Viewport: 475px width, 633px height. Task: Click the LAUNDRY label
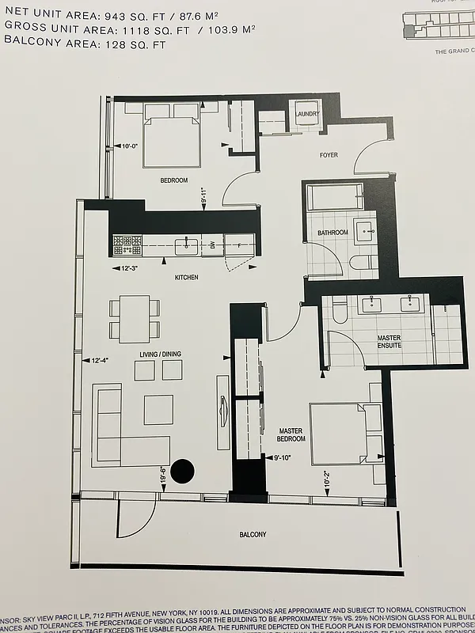pos(306,115)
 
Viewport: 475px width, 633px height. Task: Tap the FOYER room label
pos(329,155)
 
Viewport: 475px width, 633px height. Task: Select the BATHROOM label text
pos(332,233)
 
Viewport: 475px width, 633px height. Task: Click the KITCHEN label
pos(186,278)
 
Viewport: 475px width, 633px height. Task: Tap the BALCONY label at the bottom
pos(253,535)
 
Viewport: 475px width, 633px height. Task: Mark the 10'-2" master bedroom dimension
pos(326,479)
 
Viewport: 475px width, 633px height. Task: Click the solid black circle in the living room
pos(183,471)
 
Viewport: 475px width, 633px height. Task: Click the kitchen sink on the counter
pos(187,246)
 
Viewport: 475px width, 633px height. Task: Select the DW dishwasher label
pos(213,246)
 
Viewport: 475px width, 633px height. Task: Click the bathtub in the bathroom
pos(333,196)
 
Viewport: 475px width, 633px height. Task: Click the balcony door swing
pos(135,519)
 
